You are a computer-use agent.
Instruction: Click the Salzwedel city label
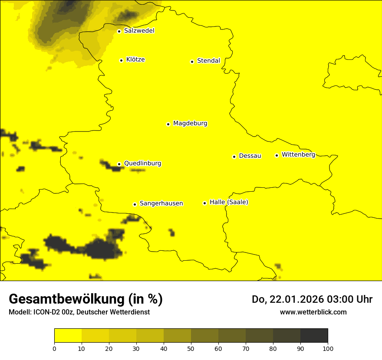click(x=139, y=31)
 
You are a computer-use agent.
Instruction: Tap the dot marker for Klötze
click(x=121, y=60)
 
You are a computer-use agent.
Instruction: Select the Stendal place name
click(x=208, y=61)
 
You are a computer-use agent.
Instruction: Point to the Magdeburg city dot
click(x=168, y=124)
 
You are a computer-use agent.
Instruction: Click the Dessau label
click(x=250, y=156)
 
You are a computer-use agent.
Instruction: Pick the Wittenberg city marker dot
click(x=277, y=155)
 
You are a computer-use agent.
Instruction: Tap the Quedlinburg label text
click(x=142, y=164)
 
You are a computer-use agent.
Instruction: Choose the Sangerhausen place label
click(x=161, y=203)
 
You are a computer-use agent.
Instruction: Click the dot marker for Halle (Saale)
click(x=204, y=203)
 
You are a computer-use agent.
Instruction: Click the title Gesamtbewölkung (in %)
click(x=86, y=299)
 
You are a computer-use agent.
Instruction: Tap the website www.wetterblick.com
click(x=313, y=312)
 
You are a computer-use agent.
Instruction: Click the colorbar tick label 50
click(x=191, y=348)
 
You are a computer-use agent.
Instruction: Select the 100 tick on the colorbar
click(x=328, y=348)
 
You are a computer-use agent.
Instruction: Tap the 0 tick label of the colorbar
click(x=54, y=348)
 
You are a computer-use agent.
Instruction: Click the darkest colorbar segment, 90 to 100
click(x=314, y=335)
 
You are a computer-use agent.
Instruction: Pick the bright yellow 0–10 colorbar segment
click(x=68, y=335)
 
